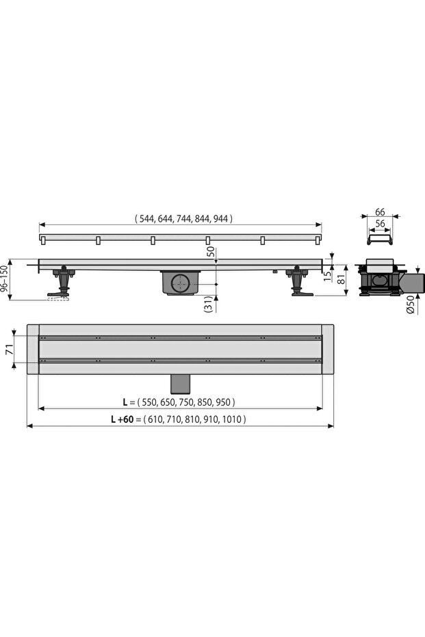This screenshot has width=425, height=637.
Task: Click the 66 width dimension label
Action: [x=380, y=211]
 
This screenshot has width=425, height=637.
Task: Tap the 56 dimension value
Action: [x=380, y=224]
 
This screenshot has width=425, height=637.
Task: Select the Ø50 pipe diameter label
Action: [x=411, y=304]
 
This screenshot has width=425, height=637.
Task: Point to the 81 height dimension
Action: [x=342, y=278]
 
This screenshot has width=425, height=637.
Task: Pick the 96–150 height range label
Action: [x=4, y=279]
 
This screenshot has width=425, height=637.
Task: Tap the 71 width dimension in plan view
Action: [x=10, y=349]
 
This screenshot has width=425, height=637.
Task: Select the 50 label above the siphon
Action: [x=210, y=252]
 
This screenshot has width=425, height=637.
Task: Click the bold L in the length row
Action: [x=125, y=402]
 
